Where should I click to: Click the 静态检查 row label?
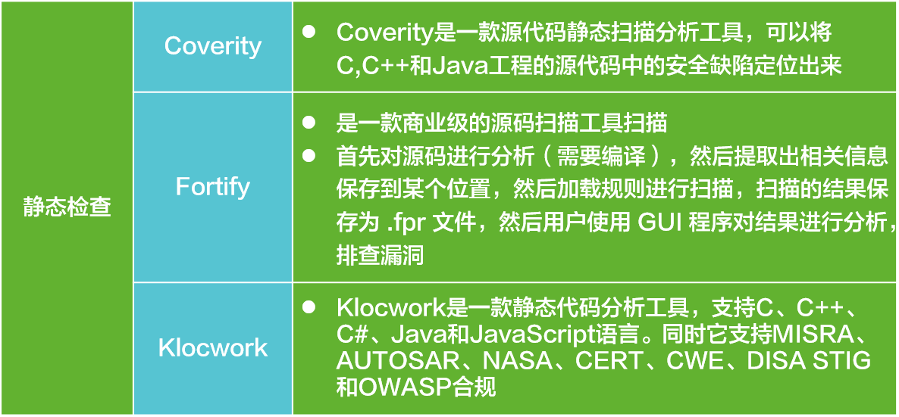point(67,207)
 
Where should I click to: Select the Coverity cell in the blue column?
point(213,46)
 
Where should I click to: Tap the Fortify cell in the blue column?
point(213,186)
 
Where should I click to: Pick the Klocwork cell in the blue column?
point(213,347)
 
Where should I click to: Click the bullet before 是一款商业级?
point(309,121)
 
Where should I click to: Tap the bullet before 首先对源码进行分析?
point(309,155)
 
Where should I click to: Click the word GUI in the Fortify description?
point(656,223)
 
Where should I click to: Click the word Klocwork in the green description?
point(382,308)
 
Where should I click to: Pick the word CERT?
point(608,361)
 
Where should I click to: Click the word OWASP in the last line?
point(399,387)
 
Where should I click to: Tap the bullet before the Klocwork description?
point(309,307)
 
